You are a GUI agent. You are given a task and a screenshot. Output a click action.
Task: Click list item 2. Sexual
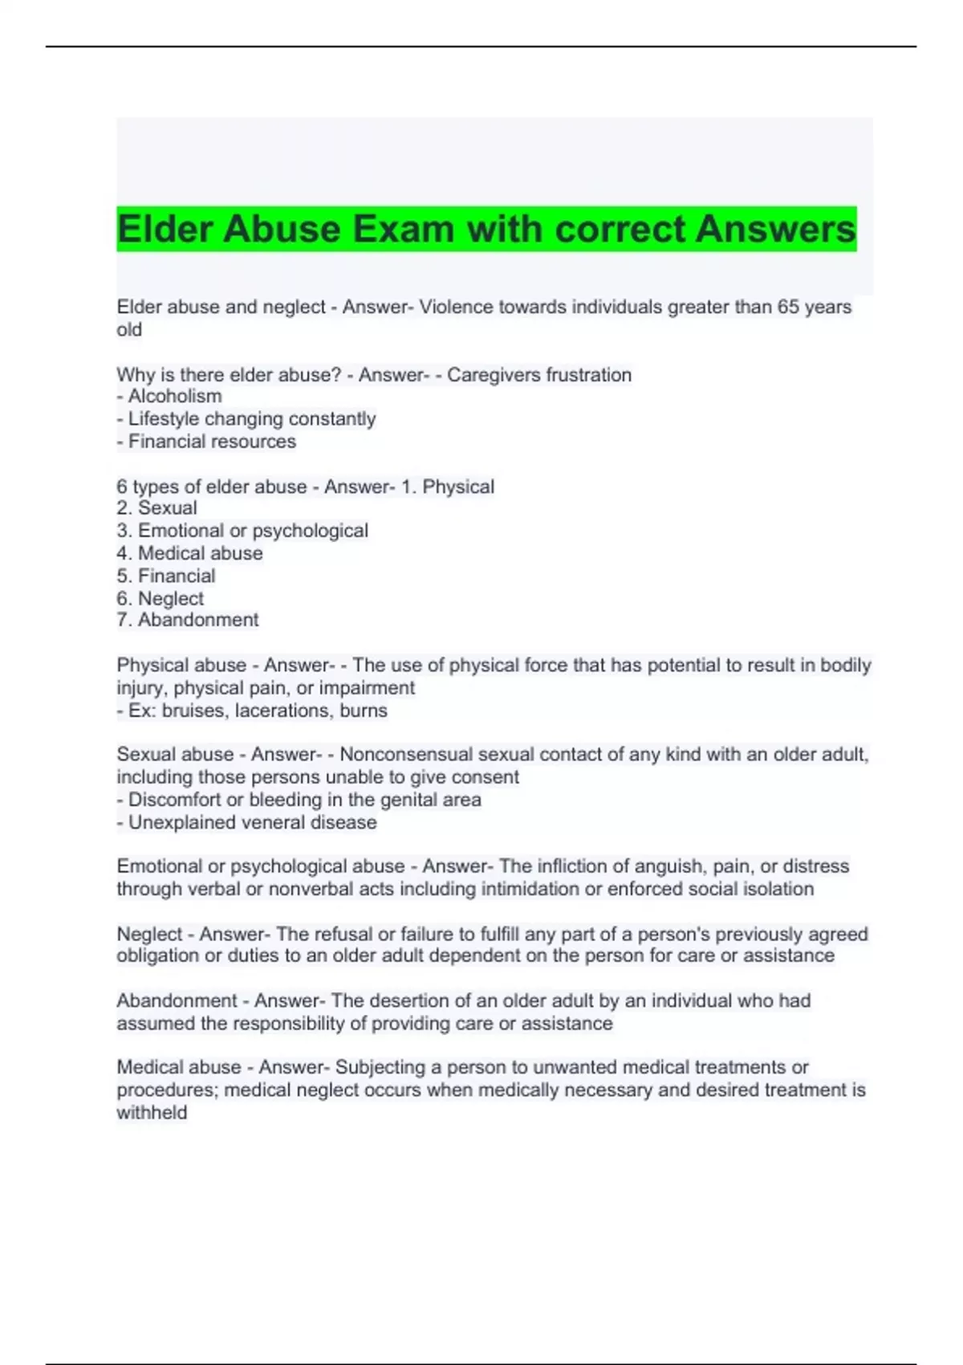click(x=156, y=507)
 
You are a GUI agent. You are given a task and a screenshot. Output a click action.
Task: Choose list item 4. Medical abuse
click(x=189, y=553)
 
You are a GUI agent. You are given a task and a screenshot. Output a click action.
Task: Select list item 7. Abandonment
click(x=187, y=620)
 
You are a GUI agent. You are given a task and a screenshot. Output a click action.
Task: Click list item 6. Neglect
click(x=160, y=598)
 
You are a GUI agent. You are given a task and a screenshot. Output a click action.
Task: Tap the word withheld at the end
click(x=152, y=1112)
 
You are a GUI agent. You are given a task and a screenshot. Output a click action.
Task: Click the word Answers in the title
click(x=775, y=229)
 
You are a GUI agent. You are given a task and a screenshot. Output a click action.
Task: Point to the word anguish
click(x=664, y=866)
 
